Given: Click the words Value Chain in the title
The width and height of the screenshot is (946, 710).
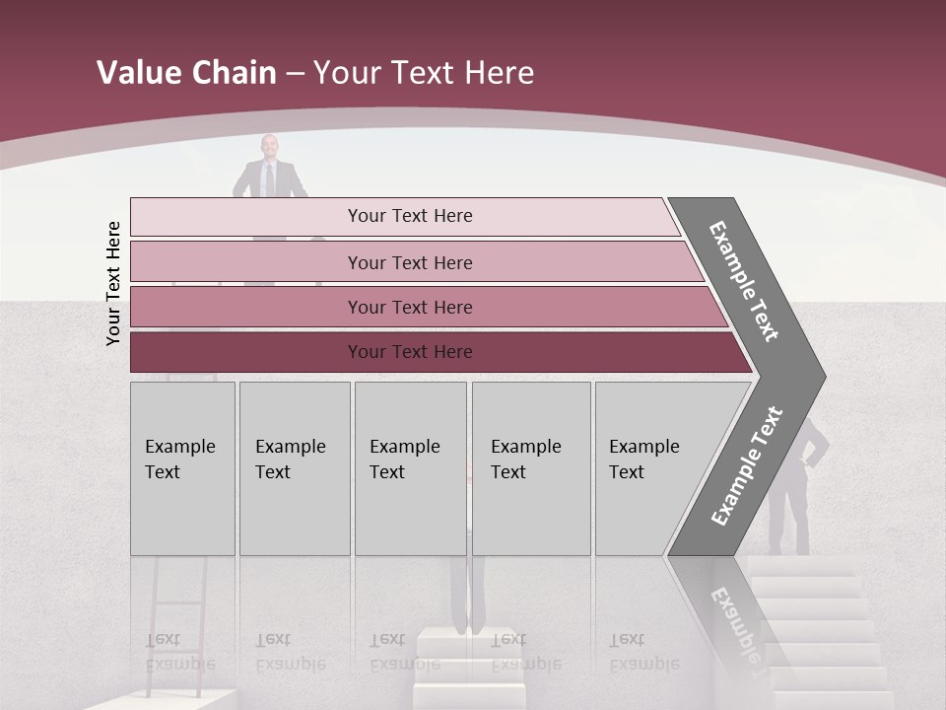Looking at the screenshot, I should point(186,73).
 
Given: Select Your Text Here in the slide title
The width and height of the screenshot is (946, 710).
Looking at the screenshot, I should point(424,73).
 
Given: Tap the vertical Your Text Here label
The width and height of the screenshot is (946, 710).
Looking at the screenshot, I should point(113,283).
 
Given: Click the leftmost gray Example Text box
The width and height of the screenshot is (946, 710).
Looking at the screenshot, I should point(182,468).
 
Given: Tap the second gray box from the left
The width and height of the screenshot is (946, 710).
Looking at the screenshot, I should point(294,468).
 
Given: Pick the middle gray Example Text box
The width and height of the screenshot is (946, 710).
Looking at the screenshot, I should point(410,468).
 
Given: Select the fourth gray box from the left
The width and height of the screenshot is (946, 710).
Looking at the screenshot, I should point(530,468).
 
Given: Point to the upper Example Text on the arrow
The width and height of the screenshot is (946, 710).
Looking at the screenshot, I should point(745,281).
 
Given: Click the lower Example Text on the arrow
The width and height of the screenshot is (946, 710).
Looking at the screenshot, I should point(747,465).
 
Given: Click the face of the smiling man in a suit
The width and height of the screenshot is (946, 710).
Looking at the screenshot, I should point(269,147).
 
